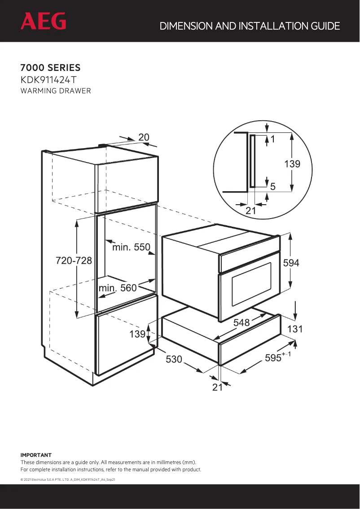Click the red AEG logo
coord(43,21)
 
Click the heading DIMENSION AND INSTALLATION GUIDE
coord(250,26)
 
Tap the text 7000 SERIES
coord(50,68)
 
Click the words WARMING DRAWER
coord(56,91)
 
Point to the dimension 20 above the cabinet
coord(144,137)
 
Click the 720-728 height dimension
coord(74,261)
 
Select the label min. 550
coord(131,247)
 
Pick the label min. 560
coord(118,288)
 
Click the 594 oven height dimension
coord(291,263)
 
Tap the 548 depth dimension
coord(241,322)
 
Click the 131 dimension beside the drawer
coord(295,329)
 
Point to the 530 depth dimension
coord(174,359)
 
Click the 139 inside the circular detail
coord(292,164)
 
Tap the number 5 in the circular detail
coord(272,185)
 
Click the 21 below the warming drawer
coord(217,387)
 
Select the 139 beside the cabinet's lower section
coord(137,334)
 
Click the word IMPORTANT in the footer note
coord(36,455)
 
